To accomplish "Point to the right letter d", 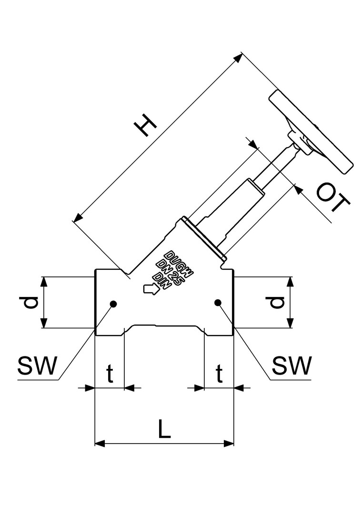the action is [x=277, y=303].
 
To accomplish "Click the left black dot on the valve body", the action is [x=113, y=304].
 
